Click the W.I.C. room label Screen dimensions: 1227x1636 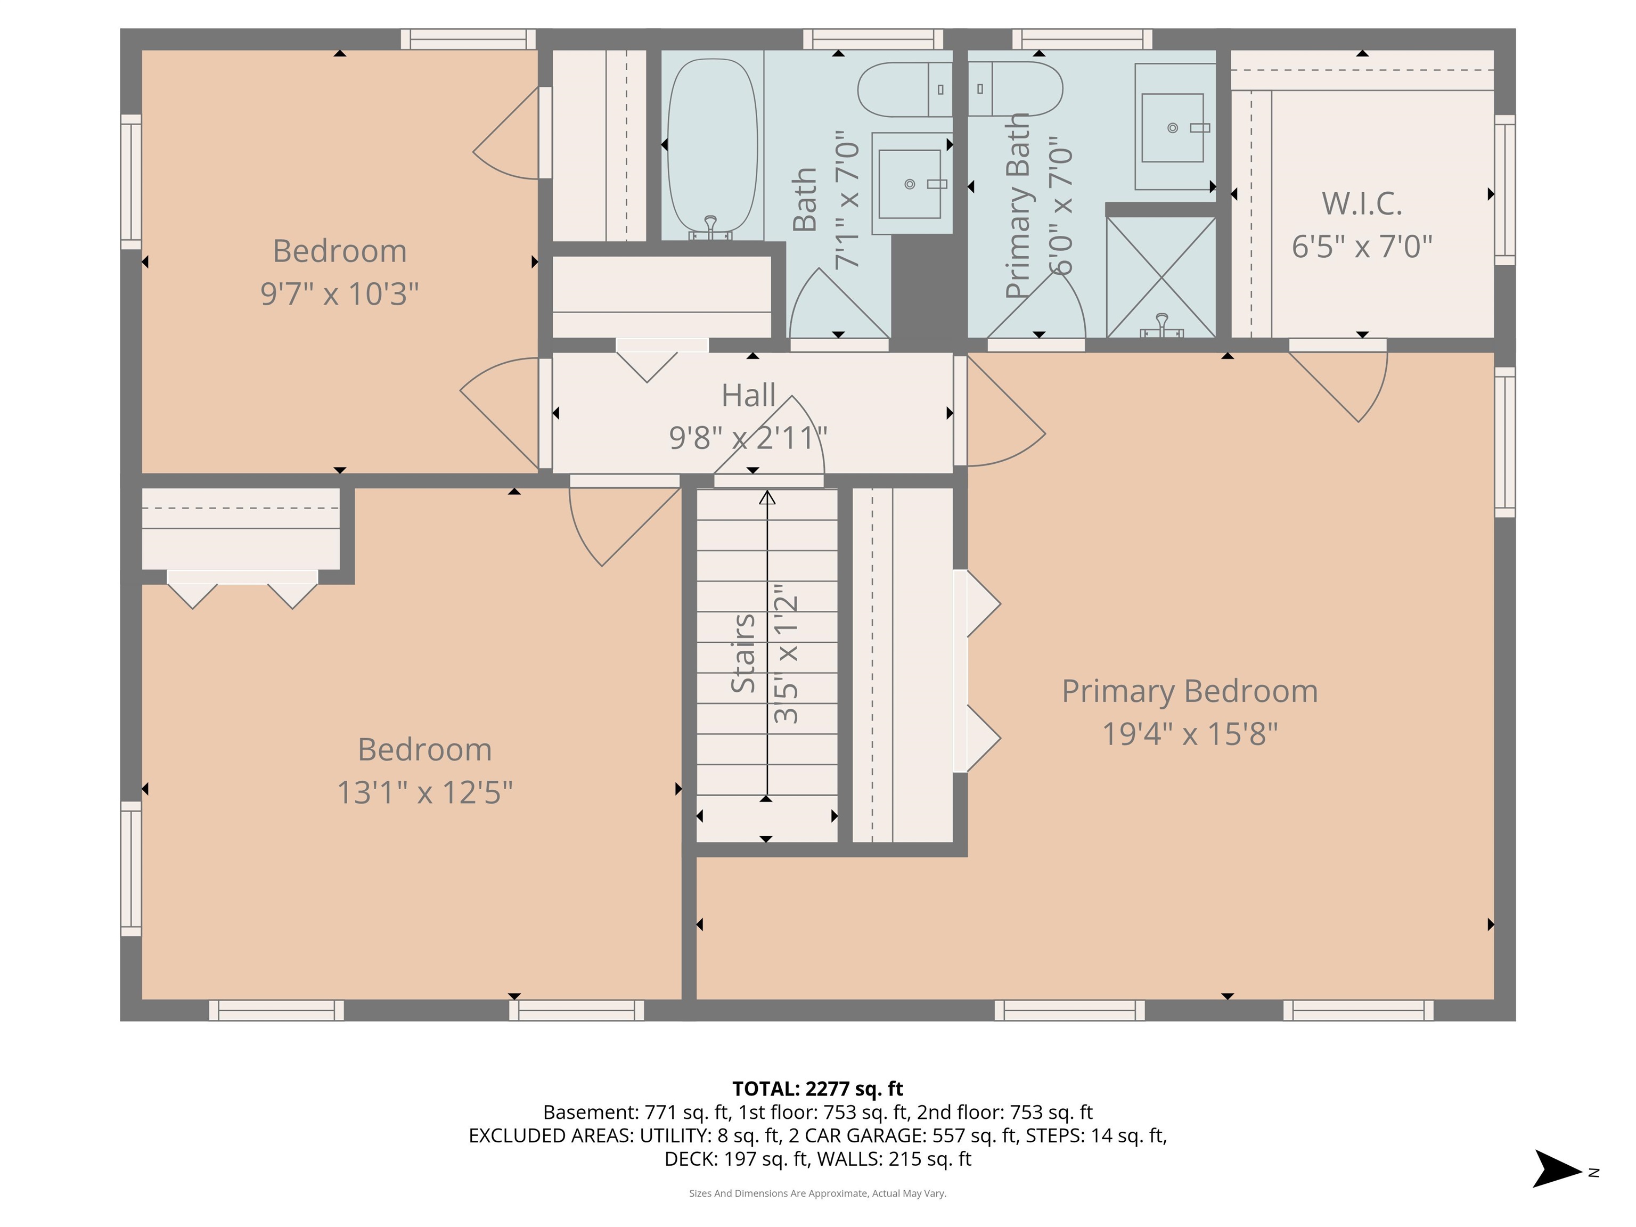click(x=1362, y=204)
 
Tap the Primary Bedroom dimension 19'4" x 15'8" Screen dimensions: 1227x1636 click(x=1189, y=734)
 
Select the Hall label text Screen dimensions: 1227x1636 click(x=748, y=396)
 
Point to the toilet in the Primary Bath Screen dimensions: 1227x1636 click(x=1017, y=89)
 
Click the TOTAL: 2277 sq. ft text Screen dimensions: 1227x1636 click(x=817, y=1089)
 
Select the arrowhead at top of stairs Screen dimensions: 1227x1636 click(x=767, y=498)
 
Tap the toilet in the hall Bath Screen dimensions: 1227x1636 click(x=904, y=89)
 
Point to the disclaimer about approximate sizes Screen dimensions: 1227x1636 click(x=817, y=1193)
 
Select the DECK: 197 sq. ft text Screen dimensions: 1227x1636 click(x=736, y=1159)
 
